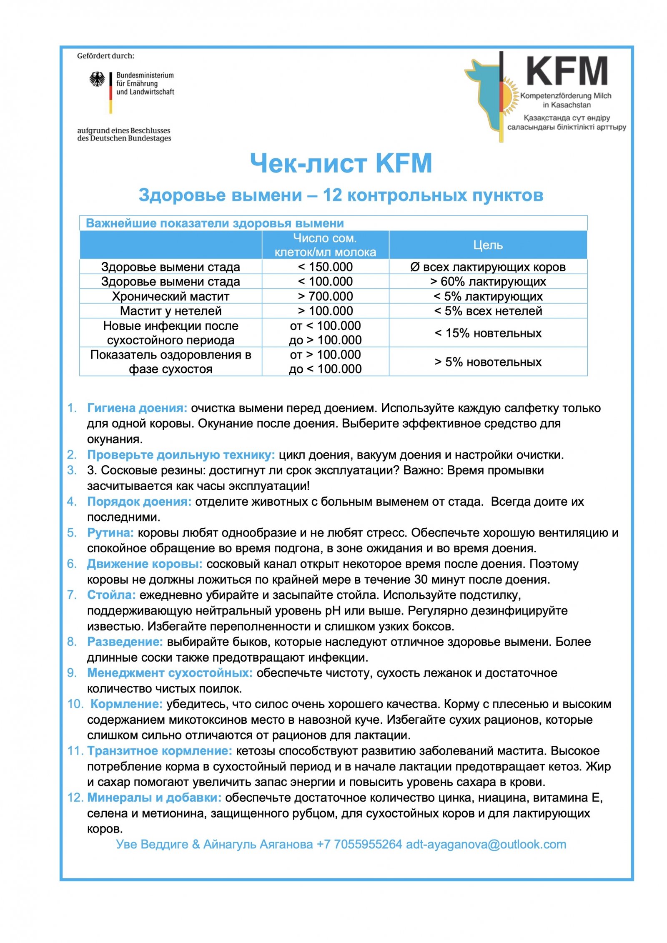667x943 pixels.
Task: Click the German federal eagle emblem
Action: coord(97,79)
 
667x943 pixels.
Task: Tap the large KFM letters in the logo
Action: coord(567,71)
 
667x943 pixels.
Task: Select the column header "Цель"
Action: coord(488,245)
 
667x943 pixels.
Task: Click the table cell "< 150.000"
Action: coord(325,267)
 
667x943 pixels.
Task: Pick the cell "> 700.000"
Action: coord(325,296)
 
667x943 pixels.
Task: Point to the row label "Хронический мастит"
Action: coord(171,296)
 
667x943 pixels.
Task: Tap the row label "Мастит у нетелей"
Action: coord(171,311)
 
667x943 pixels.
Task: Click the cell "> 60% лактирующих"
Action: coord(488,282)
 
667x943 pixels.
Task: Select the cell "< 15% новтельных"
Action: coord(488,333)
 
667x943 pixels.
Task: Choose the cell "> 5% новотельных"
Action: coord(488,362)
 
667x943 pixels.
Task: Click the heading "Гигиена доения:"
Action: coord(137,408)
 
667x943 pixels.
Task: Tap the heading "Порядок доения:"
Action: coord(139,502)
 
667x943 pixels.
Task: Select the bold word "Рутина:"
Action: coord(110,533)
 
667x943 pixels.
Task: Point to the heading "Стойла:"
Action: coord(111,595)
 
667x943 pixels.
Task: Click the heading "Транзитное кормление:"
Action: coord(159,751)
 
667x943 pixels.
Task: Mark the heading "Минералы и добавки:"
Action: coord(154,798)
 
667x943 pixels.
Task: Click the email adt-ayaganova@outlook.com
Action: coord(486,844)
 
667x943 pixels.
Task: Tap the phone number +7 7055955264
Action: coord(359,844)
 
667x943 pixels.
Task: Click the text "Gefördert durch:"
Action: coord(105,56)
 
